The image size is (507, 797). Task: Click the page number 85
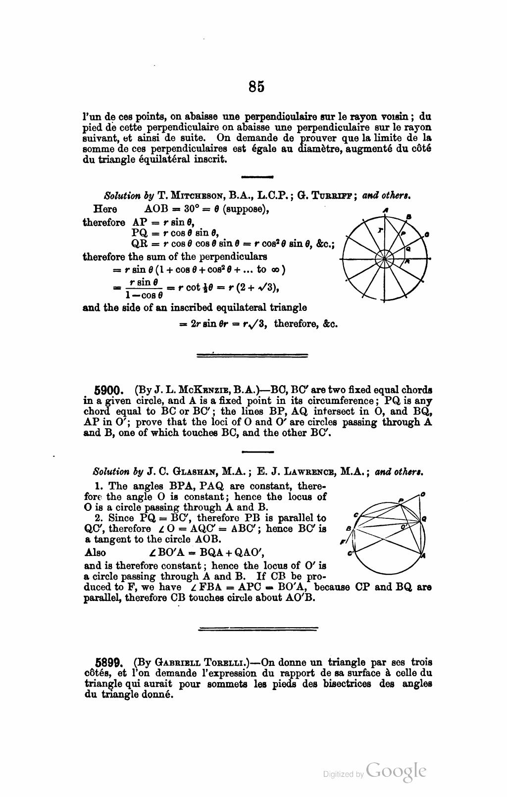click(x=256, y=87)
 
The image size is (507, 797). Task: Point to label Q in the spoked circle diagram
click(x=408, y=249)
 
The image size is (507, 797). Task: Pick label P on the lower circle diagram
click(x=401, y=500)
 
